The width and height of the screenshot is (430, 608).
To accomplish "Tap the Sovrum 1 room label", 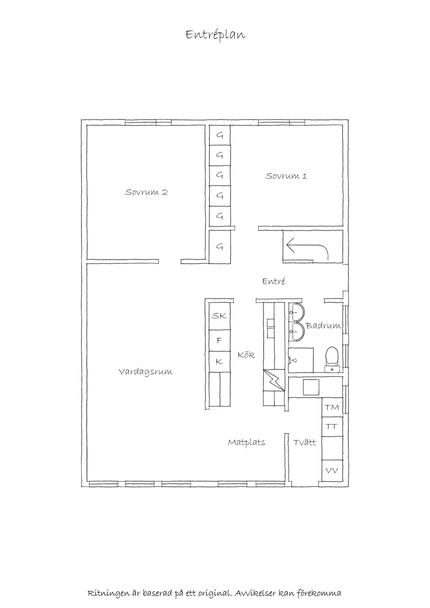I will pos(286,176).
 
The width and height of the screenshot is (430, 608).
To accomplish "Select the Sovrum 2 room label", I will pos(146,192).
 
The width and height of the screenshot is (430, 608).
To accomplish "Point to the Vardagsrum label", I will pos(146,372).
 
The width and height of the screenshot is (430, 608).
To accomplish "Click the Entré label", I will pos(274,281).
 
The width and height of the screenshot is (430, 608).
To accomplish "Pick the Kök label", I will pos(246,355).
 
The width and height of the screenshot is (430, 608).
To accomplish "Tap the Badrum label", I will pos(323,326).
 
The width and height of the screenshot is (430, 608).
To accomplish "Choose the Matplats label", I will pos(246,443).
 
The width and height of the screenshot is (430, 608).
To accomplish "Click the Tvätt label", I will pos(304,443).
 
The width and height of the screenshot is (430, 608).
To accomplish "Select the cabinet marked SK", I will pos(219,316).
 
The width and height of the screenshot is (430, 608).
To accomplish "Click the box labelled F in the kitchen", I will pos(219,341).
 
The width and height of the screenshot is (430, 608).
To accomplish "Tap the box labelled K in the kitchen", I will pos(219,361).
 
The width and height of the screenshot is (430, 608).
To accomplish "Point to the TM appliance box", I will pos(332,408).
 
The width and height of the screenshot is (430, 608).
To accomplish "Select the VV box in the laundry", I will pos(332,471).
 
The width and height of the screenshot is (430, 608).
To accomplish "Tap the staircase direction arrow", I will pos(307,248).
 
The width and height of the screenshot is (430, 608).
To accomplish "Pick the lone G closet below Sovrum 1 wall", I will pos(219,247).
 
